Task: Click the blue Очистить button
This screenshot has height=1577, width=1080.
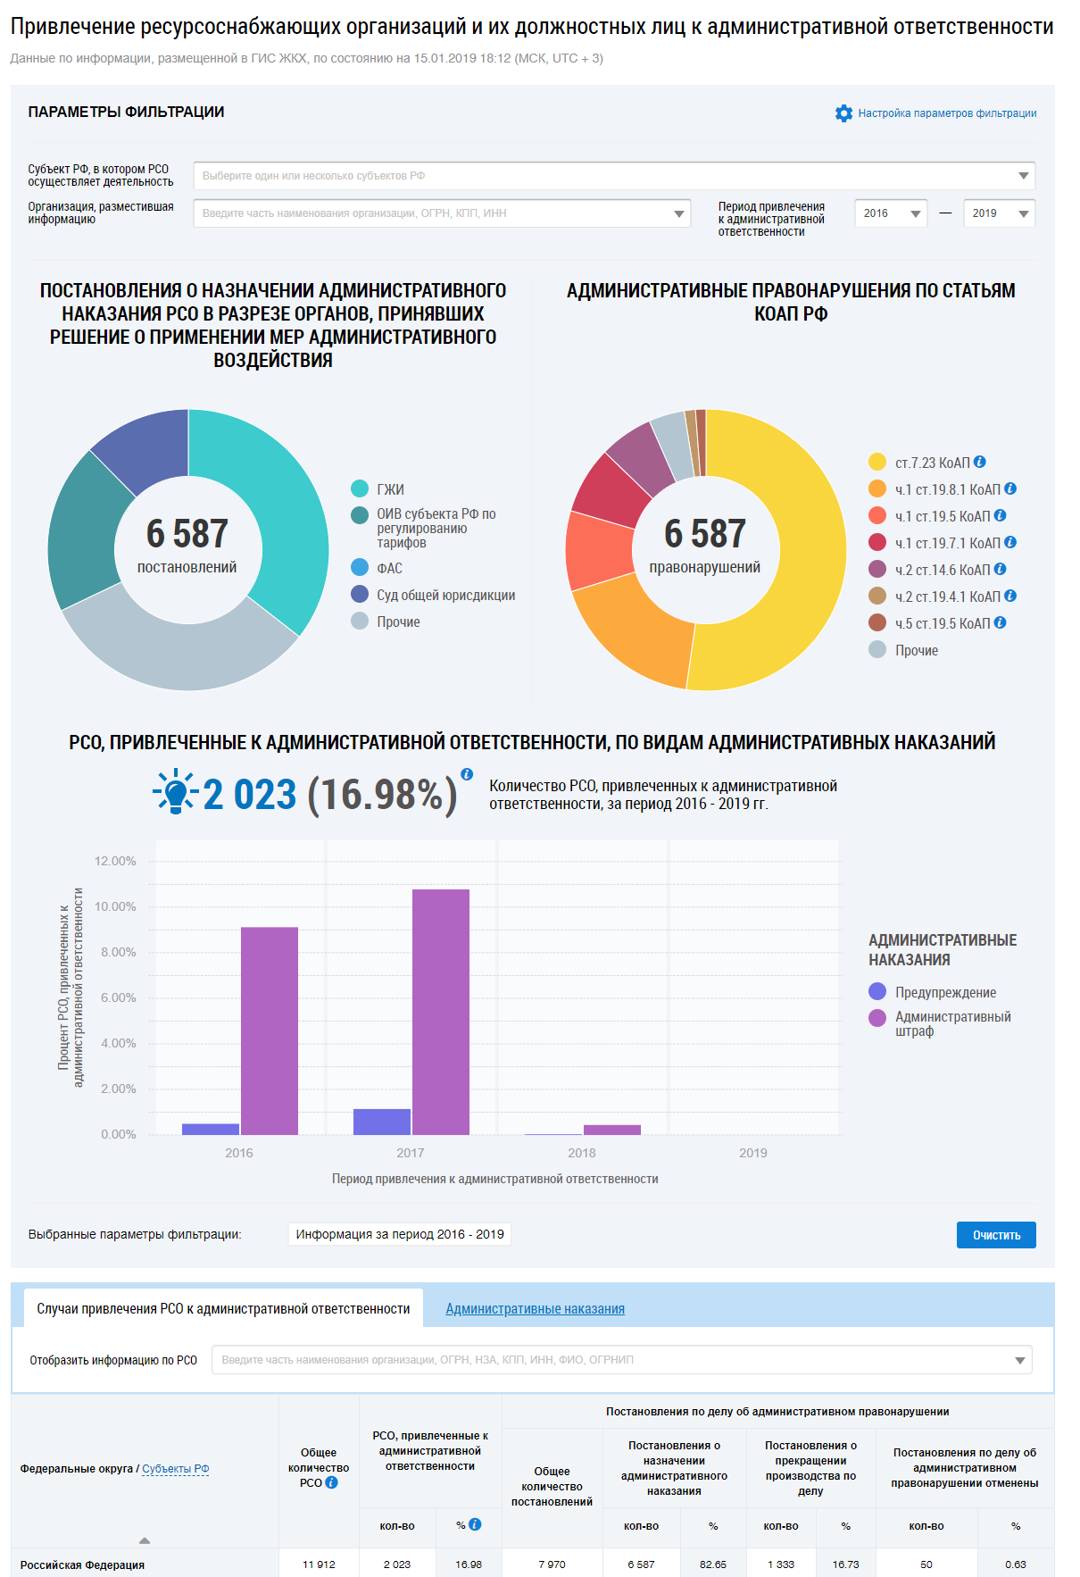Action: point(995,1235)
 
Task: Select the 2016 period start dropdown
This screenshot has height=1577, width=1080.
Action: point(891,213)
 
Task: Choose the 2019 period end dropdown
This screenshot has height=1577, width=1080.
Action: point(999,213)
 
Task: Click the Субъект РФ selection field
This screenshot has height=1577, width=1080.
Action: point(614,176)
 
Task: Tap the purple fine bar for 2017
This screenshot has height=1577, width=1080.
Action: point(441,1012)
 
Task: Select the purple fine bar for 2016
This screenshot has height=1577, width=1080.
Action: point(270,1030)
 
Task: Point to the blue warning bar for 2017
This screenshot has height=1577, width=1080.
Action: point(382,1122)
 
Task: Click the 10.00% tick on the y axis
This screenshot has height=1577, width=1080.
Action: point(116,906)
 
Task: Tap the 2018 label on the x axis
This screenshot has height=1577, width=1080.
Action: point(582,1153)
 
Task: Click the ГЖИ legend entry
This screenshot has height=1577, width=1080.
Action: point(390,489)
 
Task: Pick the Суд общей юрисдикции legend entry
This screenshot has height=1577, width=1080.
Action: point(445,596)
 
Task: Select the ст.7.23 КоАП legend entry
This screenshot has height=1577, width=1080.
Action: point(932,463)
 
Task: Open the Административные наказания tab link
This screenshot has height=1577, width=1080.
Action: point(535,1309)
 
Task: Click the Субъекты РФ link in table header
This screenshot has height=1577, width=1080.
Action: point(175,1469)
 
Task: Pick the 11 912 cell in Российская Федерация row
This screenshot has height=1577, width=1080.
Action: point(319,1564)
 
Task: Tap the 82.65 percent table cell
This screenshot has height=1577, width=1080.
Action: point(712,1564)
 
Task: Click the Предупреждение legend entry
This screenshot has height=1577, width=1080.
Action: point(945,992)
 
